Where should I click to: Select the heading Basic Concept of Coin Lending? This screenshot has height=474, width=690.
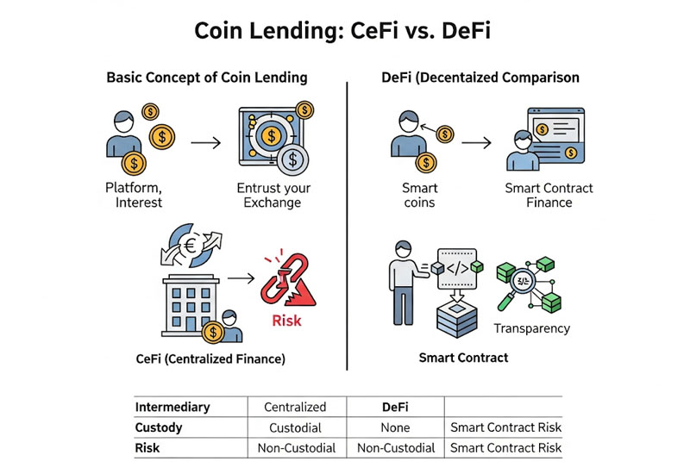coord(206,78)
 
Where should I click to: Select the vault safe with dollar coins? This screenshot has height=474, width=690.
coord(271,137)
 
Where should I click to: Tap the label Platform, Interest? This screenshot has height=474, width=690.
coord(135,195)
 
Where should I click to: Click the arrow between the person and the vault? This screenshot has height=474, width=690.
coord(204,140)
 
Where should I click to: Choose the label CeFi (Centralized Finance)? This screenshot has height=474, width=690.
coord(210,358)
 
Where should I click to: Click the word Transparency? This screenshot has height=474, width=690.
coord(531,328)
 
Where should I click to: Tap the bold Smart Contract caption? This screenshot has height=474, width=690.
coord(463,358)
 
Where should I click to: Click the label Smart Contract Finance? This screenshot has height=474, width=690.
coord(549,195)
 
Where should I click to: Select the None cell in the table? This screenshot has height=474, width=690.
coord(394,427)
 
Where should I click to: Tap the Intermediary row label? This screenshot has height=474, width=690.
coord(172,407)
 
